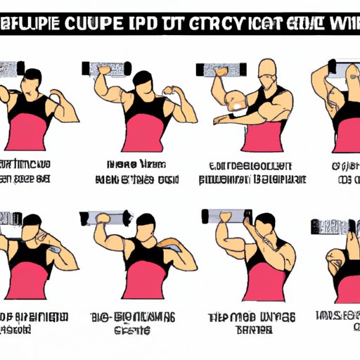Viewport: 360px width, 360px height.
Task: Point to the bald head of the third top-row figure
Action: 264,71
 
